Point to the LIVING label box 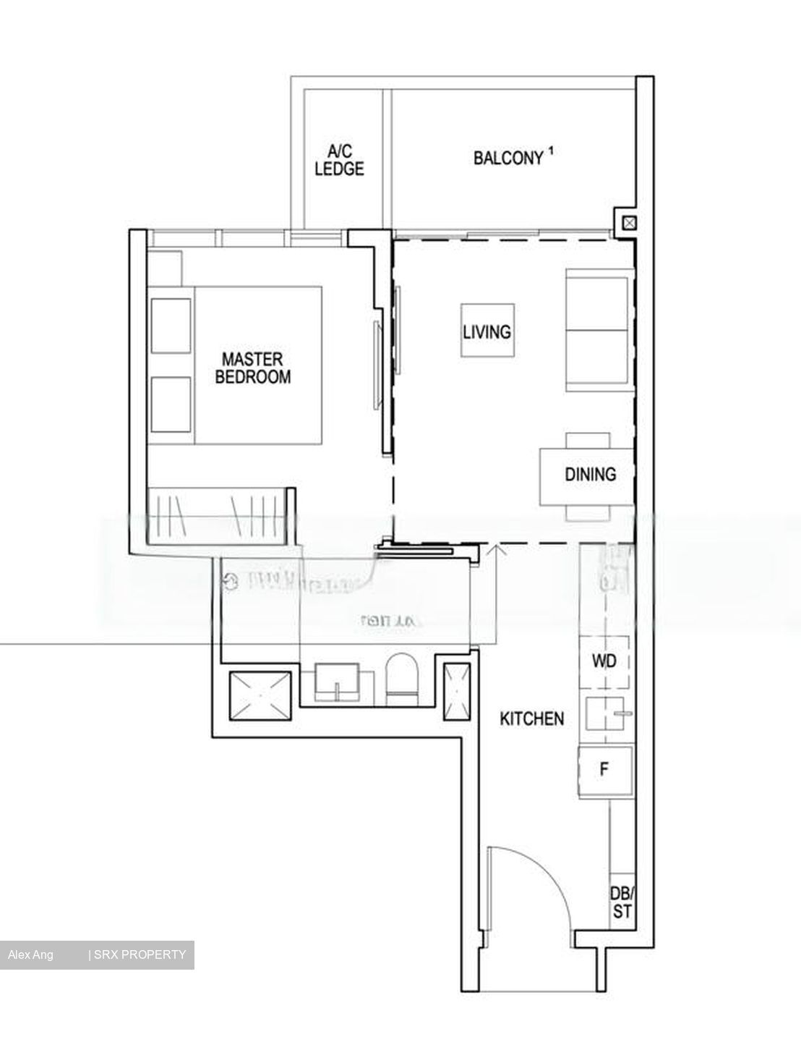click(487, 331)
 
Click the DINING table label click(590, 475)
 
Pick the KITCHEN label click(532, 719)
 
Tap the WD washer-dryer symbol click(605, 661)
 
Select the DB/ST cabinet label click(621, 901)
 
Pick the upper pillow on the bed click(171, 326)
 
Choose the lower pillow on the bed click(171, 404)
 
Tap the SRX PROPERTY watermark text click(139, 955)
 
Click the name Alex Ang click(30, 955)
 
